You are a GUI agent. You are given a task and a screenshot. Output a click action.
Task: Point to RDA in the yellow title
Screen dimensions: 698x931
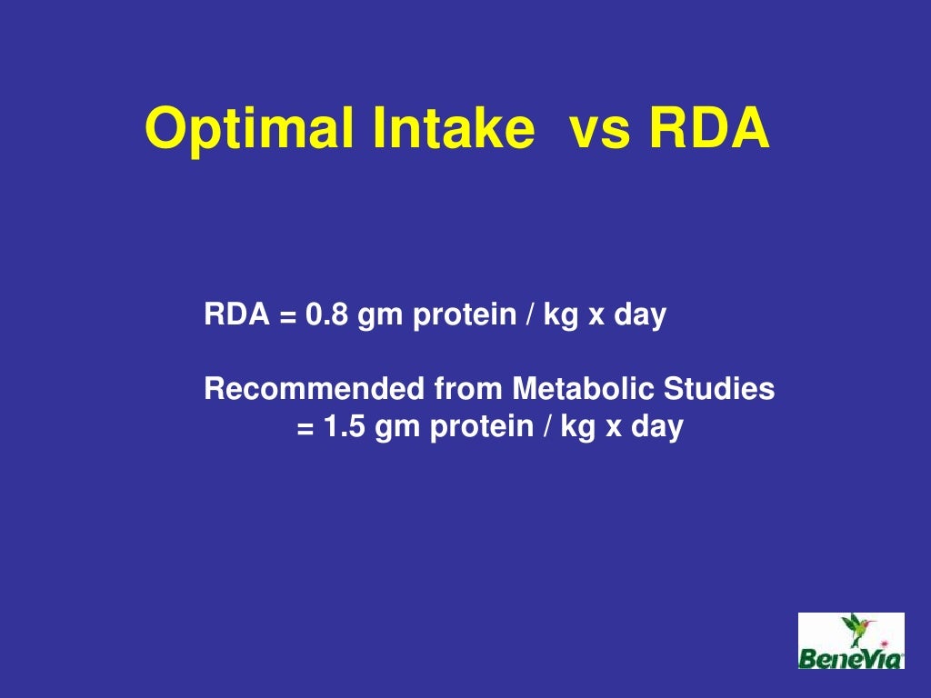[x=708, y=129]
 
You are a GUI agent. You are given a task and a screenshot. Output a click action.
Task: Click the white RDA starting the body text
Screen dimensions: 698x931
[x=236, y=315]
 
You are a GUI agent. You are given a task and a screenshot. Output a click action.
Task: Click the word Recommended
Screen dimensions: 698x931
[x=314, y=389]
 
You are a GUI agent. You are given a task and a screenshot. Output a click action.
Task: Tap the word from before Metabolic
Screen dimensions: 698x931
[x=467, y=389]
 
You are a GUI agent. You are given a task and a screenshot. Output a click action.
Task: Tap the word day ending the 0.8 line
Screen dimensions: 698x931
[x=640, y=315]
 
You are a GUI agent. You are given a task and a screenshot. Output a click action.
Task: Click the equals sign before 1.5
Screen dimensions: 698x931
[x=305, y=427]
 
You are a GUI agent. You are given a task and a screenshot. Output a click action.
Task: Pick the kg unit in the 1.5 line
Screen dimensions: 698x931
[x=576, y=426]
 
